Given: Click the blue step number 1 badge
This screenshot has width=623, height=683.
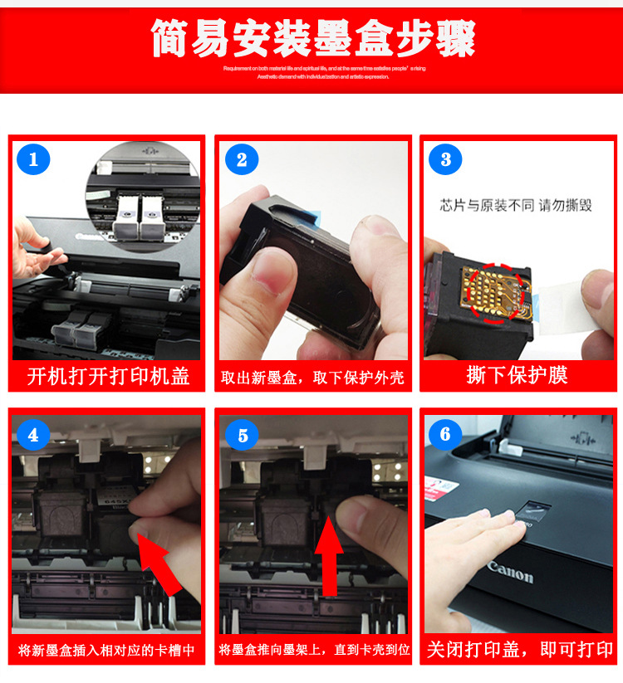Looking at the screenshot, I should point(33,159).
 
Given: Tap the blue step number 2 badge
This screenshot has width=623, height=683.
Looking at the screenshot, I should point(241,159).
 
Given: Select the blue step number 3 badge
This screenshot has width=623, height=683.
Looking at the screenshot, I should point(446,159).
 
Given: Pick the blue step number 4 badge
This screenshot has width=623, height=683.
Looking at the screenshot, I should point(33,434).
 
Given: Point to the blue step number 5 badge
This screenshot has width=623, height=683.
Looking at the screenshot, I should point(242,435).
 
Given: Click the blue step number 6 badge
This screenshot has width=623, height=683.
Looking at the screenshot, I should point(446,434).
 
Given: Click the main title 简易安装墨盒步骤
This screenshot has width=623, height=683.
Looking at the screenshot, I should point(312,38).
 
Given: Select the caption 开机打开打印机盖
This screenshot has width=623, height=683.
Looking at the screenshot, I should point(108,376).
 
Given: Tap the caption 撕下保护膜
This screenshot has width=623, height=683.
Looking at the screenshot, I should point(517,375).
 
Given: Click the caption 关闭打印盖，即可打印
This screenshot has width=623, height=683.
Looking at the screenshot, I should point(520,649).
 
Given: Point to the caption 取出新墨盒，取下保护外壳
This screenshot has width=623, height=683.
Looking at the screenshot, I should point(312,378).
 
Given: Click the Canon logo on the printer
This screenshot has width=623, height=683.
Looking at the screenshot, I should point(510,573).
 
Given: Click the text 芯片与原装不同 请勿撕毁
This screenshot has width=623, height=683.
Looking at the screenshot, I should point(516,204).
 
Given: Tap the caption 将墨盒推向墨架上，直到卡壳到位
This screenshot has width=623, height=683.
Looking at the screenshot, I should point(314,650).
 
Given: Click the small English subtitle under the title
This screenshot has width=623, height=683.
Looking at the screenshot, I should point(323,71).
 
